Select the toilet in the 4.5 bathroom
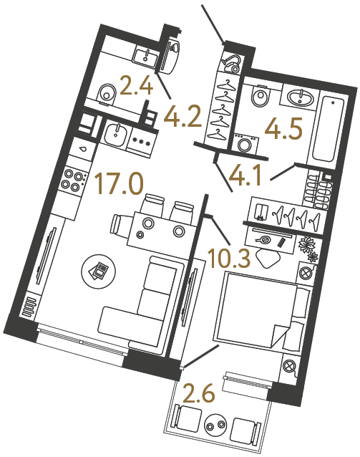click(x=260, y=96)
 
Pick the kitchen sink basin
click(x=114, y=133)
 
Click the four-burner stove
click(x=72, y=178)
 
